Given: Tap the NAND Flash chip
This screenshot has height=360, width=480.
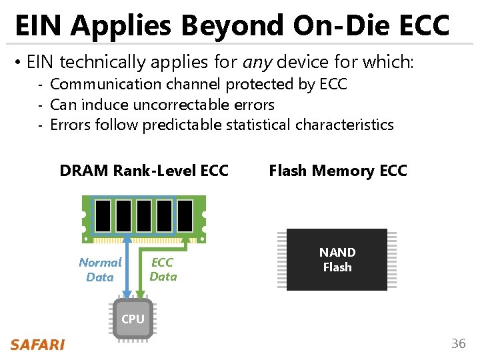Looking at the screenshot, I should (x=337, y=259).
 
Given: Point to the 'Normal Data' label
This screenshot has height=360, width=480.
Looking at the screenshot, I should (x=100, y=269).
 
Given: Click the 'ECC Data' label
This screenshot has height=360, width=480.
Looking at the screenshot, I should (x=163, y=269).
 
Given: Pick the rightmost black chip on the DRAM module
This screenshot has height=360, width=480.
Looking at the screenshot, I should (x=185, y=215).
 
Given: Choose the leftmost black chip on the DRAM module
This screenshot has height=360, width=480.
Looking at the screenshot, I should (x=103, y=215).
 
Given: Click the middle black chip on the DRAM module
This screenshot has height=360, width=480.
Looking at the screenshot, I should (x=144, y=215).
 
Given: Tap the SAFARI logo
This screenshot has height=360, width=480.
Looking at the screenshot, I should (x=37, y=345).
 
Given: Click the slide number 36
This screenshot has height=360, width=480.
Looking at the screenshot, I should (x=458, y=344).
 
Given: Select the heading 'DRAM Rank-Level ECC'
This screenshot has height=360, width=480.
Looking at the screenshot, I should (x=144, y=171).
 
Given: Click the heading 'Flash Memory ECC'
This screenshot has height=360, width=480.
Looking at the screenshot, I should (x=337, y=171).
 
